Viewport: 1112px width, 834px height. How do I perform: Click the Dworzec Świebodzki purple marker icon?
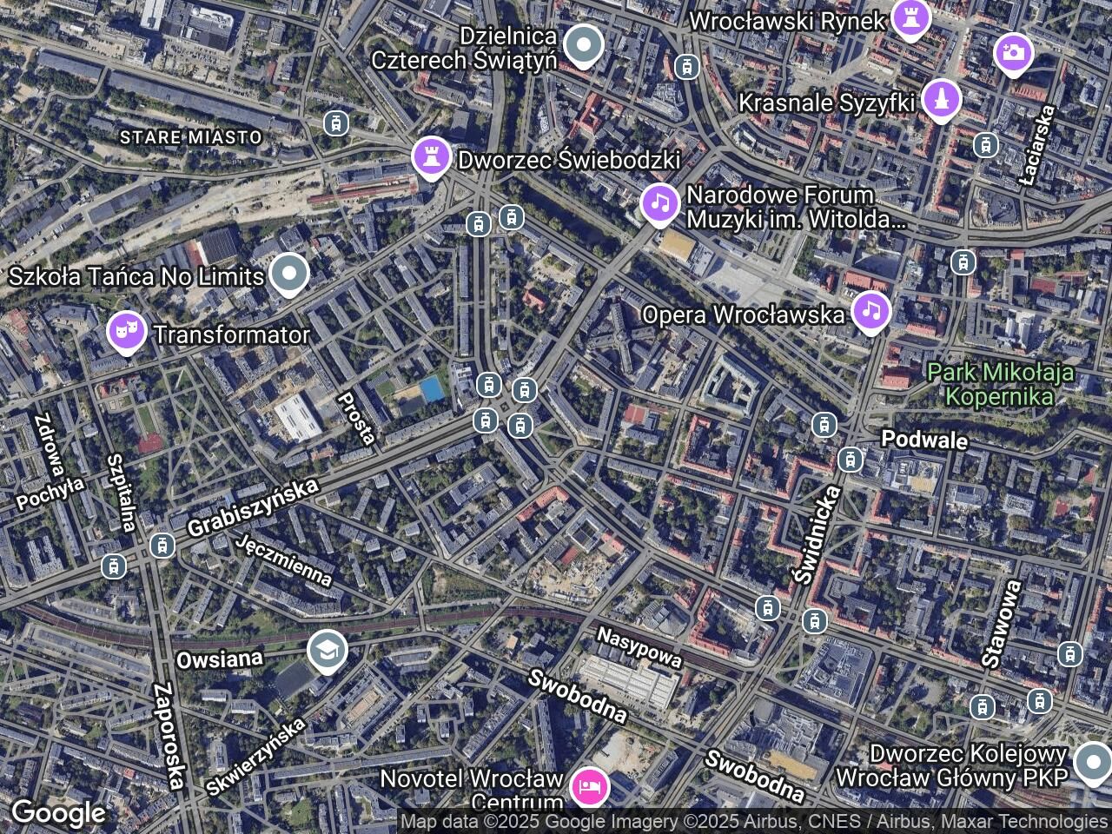(431, 156)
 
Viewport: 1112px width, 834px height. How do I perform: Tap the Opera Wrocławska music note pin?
(870, 312)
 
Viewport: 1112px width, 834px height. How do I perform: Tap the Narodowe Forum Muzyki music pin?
(660, 203)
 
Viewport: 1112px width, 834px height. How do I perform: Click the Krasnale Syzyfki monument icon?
(940, 99)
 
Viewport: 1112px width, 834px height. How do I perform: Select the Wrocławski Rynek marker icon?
(910, 18)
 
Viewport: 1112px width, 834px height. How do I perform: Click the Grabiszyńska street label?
(252, 507)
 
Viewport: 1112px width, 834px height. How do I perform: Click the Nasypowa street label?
(639, 648)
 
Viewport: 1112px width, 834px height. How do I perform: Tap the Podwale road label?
(924, 439)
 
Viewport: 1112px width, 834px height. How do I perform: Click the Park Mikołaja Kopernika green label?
(1000, 385)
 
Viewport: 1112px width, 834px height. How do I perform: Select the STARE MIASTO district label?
(190, 137)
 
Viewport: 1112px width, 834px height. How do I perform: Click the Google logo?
(58, 814)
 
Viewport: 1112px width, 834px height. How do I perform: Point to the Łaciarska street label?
(1038, 145)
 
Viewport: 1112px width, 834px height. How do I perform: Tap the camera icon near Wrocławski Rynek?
(1013, 53)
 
